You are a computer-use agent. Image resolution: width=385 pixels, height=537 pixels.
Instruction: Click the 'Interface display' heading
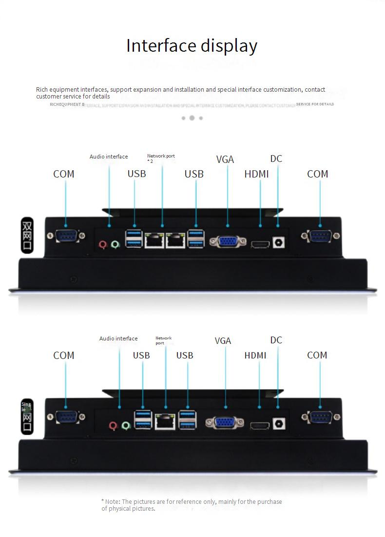[x=192, y=46]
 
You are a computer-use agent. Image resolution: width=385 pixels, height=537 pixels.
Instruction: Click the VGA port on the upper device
[x=228, y=241]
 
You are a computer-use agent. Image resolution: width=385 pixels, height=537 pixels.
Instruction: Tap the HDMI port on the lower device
[x=260, y=426]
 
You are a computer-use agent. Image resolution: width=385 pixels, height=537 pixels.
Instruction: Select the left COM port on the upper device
[x=64, y=237]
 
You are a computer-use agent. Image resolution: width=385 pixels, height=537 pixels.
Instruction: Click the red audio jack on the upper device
[x=103, y=244]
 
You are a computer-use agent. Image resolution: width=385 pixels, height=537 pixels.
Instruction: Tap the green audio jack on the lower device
[x=126, y=426]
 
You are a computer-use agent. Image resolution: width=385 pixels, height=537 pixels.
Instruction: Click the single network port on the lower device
[x=165, y=421]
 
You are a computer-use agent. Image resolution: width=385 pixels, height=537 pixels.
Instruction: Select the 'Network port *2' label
[x=161, y=158]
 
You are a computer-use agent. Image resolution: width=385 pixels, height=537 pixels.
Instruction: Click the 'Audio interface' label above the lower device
[x=118, y=338]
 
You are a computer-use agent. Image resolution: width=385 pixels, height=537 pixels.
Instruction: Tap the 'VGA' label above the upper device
[x=225, y=159]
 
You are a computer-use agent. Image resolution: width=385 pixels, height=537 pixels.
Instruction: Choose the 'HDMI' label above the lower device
[x=255, y=356]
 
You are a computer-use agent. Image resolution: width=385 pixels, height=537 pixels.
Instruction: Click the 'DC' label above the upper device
[x=276, y=159]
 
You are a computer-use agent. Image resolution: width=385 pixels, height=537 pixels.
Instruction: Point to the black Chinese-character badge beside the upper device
[x=28, y=235]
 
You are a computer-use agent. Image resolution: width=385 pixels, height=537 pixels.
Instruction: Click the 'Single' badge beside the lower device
[x=27, y=416]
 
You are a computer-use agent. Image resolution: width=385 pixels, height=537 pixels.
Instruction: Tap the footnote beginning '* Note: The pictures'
[x=192, y=505]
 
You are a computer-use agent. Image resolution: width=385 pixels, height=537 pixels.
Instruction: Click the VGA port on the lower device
[x=225, y=423]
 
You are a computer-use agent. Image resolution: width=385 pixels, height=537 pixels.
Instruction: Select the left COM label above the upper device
[x=64, y=174]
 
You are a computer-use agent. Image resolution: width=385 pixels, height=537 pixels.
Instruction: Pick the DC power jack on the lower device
[x=278, y=424]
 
